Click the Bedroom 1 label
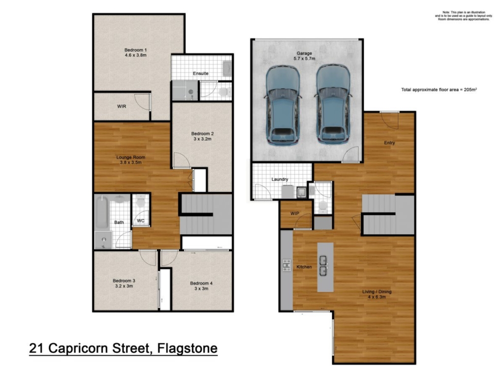(x=136, y=50)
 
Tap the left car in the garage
(x=283, y=105)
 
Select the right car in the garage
(x=333, y=105)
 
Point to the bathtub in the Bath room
(x=102, y=212)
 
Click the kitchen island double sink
(x=323, y=266)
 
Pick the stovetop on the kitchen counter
(x=287, y=265)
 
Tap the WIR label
(x=122, y=106)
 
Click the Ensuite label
(x=201, y=73)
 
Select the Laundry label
(x=280, y=179)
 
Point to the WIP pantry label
(x=295, y=214)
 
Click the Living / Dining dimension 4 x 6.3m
(x=377, y=297)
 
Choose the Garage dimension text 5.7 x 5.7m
(x=304, y=59)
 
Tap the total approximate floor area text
(x=439, y=90)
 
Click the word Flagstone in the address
(x=188, y=348)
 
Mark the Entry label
(x=389, y=143)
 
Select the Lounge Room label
(x=130, y=157)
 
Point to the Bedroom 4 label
(x=201, y=283)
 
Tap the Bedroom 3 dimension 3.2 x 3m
(x=124, y=286)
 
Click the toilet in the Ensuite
(x=224, y=91)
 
